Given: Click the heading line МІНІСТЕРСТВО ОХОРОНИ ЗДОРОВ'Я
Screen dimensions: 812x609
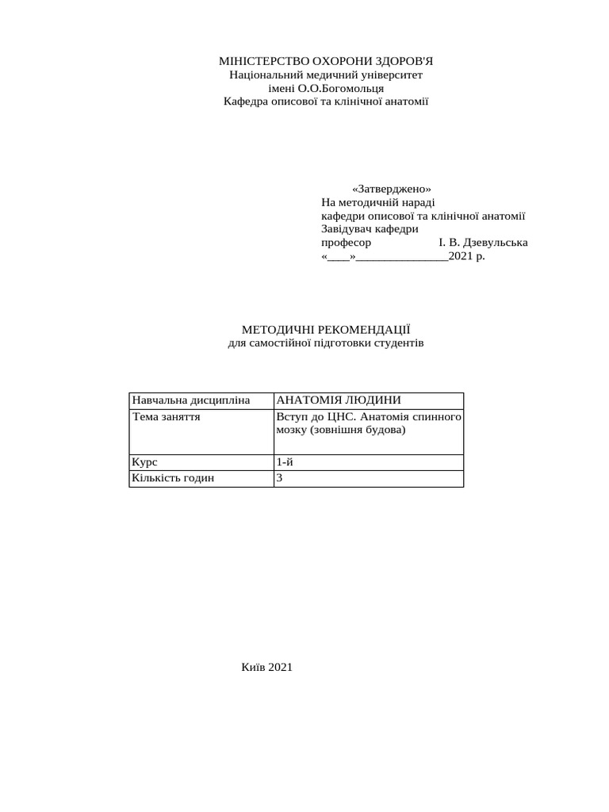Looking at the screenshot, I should pos(326,61).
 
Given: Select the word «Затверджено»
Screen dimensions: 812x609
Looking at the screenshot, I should pos(392,190).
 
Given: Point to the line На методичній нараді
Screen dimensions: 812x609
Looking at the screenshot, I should pos(377,203).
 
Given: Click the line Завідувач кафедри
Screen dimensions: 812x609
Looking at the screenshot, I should pos(370,229).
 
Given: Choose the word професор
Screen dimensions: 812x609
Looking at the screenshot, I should pos(346,243).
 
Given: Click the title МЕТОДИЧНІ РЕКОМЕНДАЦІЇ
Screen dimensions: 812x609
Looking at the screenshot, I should pos(326,329).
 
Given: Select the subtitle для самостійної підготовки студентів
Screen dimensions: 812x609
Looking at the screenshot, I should pos(326,343).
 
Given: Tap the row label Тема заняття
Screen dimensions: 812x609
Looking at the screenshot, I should pos(166,416).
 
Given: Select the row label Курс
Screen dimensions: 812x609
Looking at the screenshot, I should pos(144,462).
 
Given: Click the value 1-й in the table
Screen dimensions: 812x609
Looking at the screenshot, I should pos(285,462).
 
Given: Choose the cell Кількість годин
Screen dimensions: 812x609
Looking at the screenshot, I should pos(173,478).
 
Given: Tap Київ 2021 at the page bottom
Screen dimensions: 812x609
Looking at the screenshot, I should pos(267,668).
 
